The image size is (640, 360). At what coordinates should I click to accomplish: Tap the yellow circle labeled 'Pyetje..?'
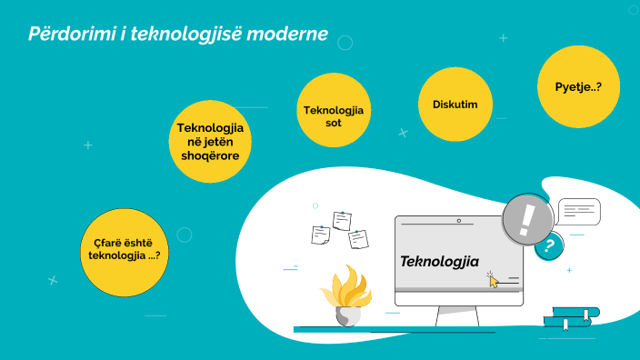tap(579, 86)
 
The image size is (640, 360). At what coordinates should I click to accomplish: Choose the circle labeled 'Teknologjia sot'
tap(333, 115)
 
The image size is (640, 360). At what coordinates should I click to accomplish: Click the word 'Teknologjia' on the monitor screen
tap(439, 262)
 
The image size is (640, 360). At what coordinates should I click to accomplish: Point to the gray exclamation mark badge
tap(527, 219)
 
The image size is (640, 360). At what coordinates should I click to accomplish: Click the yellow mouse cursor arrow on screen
tap(494, 281)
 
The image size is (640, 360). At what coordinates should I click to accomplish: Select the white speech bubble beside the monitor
tap(579, 211)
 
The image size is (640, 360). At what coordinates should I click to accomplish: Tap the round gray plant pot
tap(347, 315)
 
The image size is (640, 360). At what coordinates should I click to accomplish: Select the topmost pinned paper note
tap(342, 220)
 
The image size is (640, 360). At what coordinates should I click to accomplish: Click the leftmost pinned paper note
tap(321, 235)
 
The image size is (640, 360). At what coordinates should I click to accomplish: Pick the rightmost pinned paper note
tap(358, 238)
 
